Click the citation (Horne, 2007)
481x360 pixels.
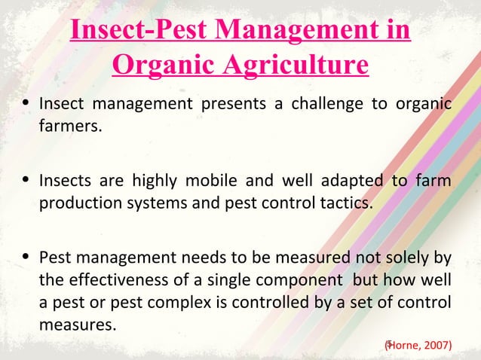click(x=418, y=345)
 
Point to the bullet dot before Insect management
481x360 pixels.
click(x=26, y=103)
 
